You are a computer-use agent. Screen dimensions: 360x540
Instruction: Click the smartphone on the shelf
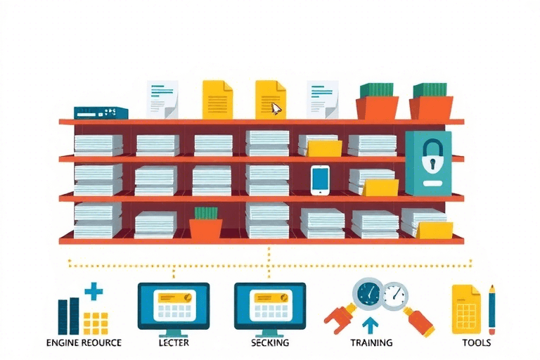pyautogui.click(x=320, y=179)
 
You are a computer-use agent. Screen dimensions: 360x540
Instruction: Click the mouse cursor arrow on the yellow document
pyautogui.click(x=276, y=109)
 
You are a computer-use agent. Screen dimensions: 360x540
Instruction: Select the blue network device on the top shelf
pyautogui.click(x=101, y=112)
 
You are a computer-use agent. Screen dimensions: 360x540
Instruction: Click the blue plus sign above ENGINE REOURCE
pyautogui.click(x=93, y=291)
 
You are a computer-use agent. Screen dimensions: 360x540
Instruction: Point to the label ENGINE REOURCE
pyautogui.click(x=83, y=343)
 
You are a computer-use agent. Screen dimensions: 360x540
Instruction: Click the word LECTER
pyautogui.click(x=174, y=343)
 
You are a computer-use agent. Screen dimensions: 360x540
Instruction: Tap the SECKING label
pyautogui.click(x=270, y=343)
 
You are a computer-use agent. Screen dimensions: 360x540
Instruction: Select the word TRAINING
pyautogui.click(x=371, y=343)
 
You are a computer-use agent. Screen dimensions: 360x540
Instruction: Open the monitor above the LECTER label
pyautogui.click(x=174, y=304)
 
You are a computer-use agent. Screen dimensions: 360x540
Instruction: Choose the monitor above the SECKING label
pyautogui.click(x=270, y=304)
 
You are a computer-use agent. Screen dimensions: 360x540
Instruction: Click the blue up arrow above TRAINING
pyautogui.click(x=371, y=325)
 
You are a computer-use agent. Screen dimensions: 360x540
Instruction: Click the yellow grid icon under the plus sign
pyautogui.click(x=95, y=322)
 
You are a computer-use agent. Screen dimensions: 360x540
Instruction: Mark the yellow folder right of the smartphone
pyautogui.click(x=380, y=187)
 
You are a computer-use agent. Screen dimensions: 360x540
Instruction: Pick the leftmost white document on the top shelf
pyautogui.click(x=162, y=100)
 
